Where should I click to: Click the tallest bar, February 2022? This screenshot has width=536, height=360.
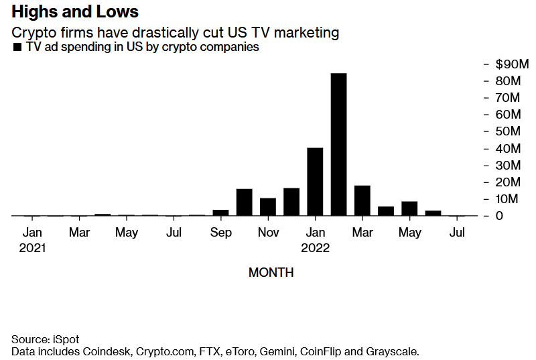pos(338,144)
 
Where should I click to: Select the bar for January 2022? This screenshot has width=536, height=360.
pos(315,182)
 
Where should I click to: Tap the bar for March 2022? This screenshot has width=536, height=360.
pos(362,200)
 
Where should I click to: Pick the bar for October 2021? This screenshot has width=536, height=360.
pos(244,202)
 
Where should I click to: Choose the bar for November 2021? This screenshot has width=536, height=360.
pos(268,207)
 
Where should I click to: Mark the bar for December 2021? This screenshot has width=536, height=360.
pos(291,202)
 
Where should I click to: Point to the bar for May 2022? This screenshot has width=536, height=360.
pos(409,208)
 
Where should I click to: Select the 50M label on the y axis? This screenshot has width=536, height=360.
pos(508,131)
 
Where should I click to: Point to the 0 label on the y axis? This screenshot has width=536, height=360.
pos(499,216)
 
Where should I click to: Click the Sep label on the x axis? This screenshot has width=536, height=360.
pos(220,233)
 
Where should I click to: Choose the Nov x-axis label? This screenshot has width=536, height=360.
pos(268,233)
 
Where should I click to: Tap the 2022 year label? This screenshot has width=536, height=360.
pos(315,248)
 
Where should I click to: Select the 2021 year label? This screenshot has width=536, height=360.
pos(32,248)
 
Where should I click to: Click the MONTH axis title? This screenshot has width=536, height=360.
pos(271,273)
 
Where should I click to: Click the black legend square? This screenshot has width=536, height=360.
pos(17,48)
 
